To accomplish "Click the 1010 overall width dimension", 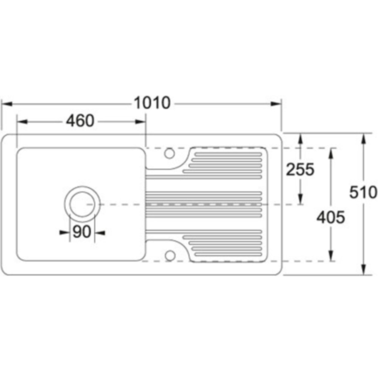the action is (x=152, y=103).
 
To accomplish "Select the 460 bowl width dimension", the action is (x=80, y=121).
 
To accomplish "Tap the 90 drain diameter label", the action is (x=82, y=232).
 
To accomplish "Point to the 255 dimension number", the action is (x=300, y=169).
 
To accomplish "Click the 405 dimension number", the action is (x=330, y=217).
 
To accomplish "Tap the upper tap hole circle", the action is (x=169, y=153).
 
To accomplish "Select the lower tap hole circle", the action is (x=170, y=256).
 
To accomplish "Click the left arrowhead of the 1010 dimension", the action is (x=7, y=104).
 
